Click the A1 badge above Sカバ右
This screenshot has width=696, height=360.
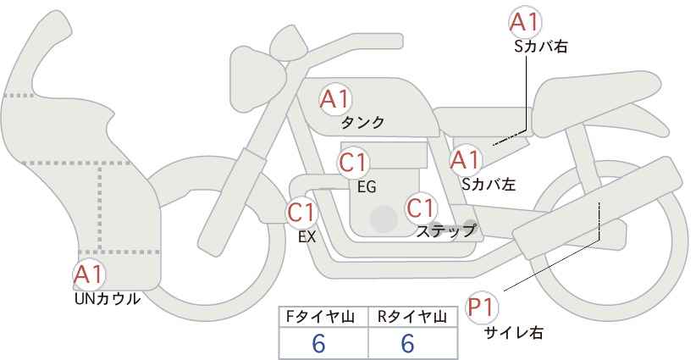click(525, 22)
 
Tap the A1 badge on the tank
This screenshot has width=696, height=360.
click(335, 99)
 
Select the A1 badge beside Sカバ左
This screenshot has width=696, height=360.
click(465, 160)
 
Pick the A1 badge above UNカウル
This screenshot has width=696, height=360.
click(89, 275)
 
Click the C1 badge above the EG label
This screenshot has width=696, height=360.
click(354, 163)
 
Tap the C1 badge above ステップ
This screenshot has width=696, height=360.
click(421, 208)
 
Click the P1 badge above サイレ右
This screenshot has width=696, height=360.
click(482, 307)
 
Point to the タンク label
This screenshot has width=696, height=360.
click(362, 123)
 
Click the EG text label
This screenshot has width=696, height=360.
click(367, 187)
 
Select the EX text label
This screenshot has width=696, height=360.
click(307, 237)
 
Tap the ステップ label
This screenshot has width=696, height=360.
click(445, 231)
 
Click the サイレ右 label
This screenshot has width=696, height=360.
click(514, 333)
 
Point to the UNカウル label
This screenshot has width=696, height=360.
click(108, 299)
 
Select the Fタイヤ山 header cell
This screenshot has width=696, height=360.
click(323, 317)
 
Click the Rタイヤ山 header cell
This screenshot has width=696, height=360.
click(413, 317)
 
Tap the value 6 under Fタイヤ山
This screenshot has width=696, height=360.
click(318, 343)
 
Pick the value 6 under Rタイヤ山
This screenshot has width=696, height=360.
click(407, 343)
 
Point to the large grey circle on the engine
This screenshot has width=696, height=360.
click(384, 219)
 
